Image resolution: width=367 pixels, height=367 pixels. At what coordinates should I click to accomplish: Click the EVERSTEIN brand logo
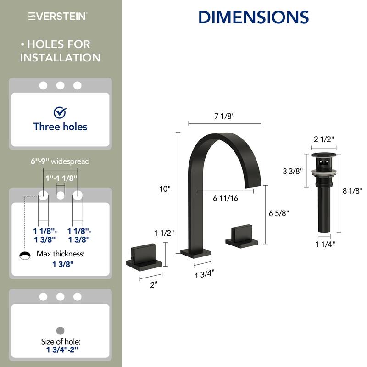point(58,17)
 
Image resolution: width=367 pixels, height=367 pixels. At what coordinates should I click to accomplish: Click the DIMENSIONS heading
point(253,17)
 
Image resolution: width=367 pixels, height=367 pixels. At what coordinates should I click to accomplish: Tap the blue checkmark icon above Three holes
point(60,112)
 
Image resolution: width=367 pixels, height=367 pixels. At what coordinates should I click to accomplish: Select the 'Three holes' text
point(60,127)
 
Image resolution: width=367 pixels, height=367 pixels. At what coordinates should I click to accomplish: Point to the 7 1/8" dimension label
point(225,116)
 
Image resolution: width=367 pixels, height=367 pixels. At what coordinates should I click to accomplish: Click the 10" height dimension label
point(165,189)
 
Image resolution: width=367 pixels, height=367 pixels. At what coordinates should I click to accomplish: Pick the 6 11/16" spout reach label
point(226,199)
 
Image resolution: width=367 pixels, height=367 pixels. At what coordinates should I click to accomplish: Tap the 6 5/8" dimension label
point(279,213)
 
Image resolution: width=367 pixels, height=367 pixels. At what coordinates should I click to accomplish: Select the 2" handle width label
point(153,284)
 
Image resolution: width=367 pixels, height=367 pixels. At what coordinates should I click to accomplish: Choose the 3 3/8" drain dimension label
point(292,171)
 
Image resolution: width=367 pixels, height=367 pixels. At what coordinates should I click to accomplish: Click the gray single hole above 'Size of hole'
point(60,330)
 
